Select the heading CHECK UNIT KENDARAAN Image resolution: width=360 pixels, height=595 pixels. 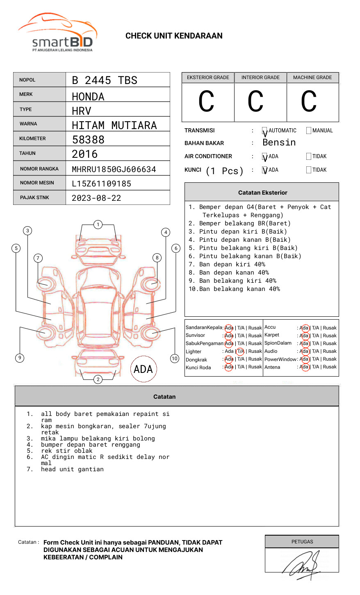(174, 36)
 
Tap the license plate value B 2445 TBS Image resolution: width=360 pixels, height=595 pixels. (105, 80)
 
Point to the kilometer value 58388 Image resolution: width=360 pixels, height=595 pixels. (88, 140)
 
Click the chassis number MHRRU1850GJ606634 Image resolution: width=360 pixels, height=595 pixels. (114, 169)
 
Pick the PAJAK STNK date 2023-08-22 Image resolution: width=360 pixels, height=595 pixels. (96, 198)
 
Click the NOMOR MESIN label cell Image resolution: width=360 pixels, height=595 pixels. (39, 183)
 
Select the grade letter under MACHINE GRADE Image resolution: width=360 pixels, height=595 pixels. (308, 102)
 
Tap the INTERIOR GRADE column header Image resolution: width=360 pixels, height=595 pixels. (260, 77)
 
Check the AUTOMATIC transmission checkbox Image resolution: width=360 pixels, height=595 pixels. (264, 131)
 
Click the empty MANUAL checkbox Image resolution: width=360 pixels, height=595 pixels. (309, 131)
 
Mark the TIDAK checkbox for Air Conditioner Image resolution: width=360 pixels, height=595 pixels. (309, 157)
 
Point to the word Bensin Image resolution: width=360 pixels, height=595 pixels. (279, 143)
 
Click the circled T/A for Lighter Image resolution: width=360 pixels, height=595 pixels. (240, 351)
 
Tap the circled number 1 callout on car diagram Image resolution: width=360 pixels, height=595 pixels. (98, 225)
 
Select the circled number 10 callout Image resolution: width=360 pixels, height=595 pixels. (175, 359)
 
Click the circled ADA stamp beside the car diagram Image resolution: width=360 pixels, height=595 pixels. (143, 369)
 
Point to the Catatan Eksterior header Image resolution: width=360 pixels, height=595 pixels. (262, 193)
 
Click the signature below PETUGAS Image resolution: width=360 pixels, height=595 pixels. (302, 564)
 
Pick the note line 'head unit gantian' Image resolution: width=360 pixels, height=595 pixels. (72, 469)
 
